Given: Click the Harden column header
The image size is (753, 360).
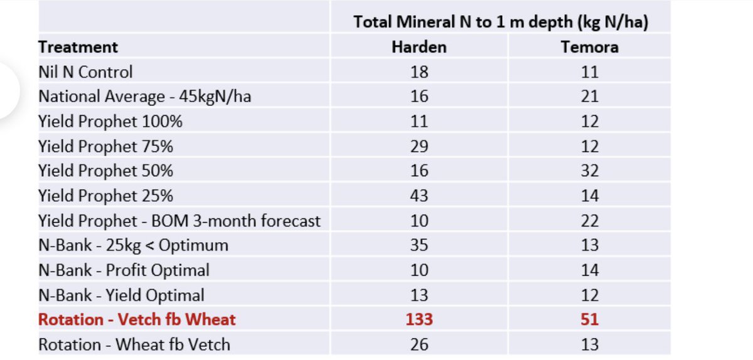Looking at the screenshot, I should [419, 47].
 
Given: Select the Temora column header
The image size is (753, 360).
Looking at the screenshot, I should [589, 47].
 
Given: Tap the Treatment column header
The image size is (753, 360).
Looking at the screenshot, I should [78, 47].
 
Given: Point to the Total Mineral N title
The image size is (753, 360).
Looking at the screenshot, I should [500, 22].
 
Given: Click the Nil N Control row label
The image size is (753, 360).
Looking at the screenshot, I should [85, 72].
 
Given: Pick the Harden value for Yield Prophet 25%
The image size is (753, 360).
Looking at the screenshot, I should [419, 196].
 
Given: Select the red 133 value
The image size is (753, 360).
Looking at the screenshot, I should [419, 320].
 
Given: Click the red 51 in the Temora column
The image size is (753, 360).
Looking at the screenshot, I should [589, 320].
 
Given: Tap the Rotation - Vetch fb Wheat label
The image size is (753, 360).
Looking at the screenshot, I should [137, 320].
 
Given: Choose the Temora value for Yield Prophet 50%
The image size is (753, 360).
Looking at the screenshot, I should [589, 171].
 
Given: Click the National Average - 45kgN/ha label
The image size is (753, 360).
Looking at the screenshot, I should [144, 97].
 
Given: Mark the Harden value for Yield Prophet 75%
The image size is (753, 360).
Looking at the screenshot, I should [419, 146].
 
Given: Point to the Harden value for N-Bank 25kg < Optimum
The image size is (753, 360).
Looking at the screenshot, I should [419, 245].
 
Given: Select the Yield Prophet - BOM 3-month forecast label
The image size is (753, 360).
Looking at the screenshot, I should [179, 221].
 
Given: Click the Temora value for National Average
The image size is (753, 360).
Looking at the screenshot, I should [589, 97].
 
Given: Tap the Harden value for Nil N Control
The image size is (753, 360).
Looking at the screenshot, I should [419, 72].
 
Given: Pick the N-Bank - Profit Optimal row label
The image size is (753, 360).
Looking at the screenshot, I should [124, 270].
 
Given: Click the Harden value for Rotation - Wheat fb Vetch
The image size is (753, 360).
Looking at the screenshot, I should [419, 344].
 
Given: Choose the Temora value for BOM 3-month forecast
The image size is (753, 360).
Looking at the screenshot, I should [589, 221].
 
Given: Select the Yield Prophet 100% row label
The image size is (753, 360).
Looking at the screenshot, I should [110, 122].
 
